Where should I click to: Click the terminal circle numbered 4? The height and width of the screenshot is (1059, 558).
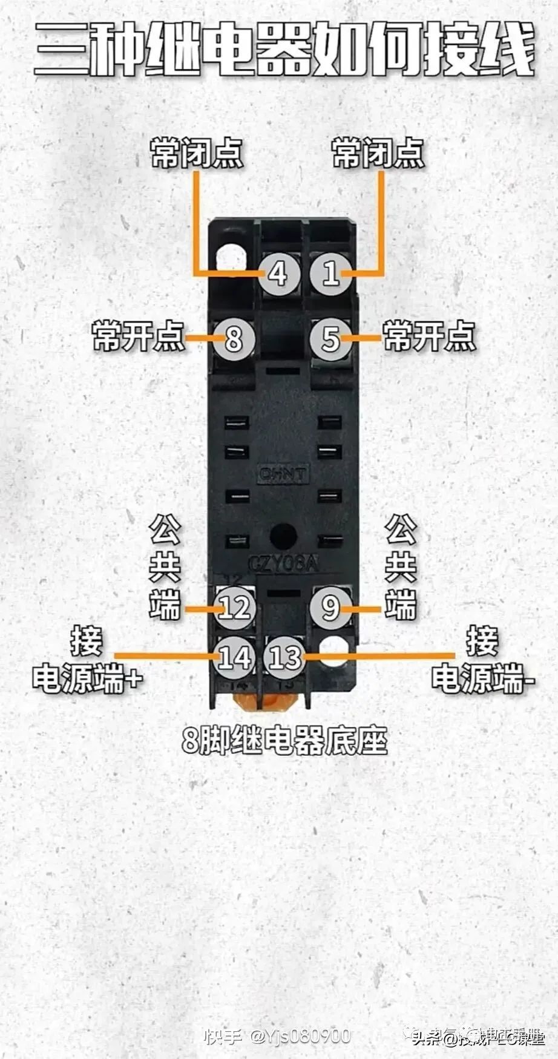click(278, 274)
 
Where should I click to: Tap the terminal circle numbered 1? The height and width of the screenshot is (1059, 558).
click(330, 274)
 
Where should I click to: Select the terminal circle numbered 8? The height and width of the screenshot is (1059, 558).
click(234, 338)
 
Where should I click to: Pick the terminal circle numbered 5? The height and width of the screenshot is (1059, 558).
click(330, 338)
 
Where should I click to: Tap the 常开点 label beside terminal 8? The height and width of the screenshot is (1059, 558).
click(139, 336)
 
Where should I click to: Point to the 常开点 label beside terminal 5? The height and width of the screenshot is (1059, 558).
click(429, 336)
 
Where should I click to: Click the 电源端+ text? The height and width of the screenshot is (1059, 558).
click(87, 678)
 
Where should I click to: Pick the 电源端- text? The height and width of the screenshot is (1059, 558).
click(482, 678)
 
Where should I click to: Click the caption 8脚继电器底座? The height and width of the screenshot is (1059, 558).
click(284, 739)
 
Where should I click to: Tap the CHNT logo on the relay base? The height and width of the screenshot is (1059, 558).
click(283, 474)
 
